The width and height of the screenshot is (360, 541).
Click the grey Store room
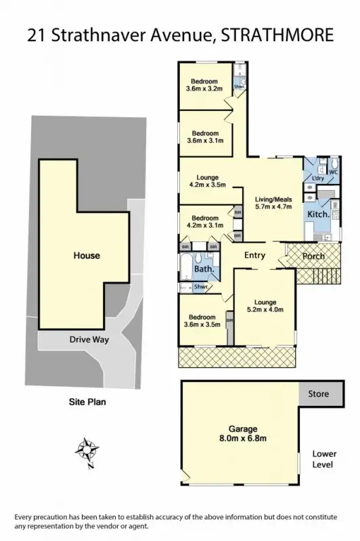318,393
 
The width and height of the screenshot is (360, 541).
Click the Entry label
254,255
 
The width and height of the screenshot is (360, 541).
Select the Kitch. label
318,214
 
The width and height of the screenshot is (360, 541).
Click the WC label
333,172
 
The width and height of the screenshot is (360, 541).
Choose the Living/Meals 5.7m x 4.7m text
273,204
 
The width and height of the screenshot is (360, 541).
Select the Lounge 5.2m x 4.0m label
265,306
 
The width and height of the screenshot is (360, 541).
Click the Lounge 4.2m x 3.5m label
207,181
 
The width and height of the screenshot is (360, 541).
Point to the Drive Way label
86,339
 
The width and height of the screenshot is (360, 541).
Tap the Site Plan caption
87,401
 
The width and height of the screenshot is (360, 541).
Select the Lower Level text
323,460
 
